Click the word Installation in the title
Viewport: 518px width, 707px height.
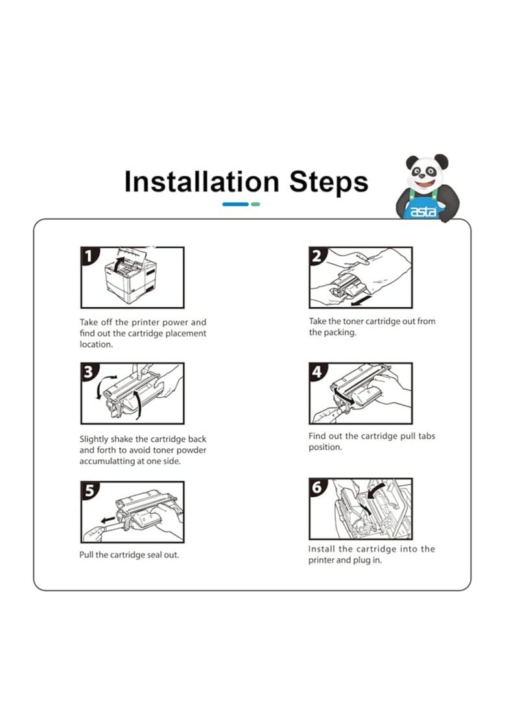pos(202,182)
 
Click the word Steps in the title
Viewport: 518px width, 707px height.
pos(329,183)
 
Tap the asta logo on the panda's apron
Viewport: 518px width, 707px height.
pos(423,211)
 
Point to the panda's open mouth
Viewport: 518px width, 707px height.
pos(425,184)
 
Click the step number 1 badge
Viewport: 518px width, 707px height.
pos(89,255)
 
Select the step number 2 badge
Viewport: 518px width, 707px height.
pos(317,255)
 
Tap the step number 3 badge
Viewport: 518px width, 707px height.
pos(89,371)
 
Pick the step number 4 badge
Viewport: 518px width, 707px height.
pos(317,371)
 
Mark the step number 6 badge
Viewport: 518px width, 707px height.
pos(318,487)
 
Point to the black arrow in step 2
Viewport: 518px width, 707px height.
pos(362,300)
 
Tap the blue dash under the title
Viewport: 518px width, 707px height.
pos(235,204)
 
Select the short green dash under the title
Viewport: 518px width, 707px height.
pos(255,204)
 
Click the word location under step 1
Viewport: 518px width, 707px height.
pos(96,344)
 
